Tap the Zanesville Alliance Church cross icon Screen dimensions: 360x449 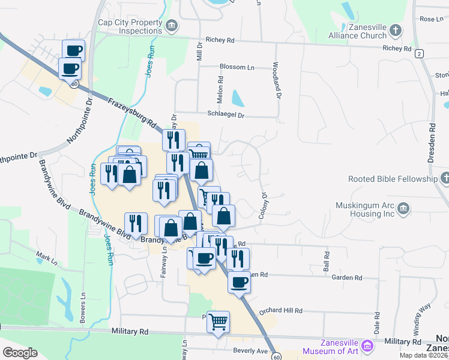(396, 29)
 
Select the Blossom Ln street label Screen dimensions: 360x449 (237, 67)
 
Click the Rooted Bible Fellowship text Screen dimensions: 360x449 (393, 179)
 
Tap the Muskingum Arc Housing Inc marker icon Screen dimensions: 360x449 (403, 208)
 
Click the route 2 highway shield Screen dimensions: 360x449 (418, 53)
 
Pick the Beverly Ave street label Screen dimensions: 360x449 (250, 350)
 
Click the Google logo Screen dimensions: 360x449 (20, 353)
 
